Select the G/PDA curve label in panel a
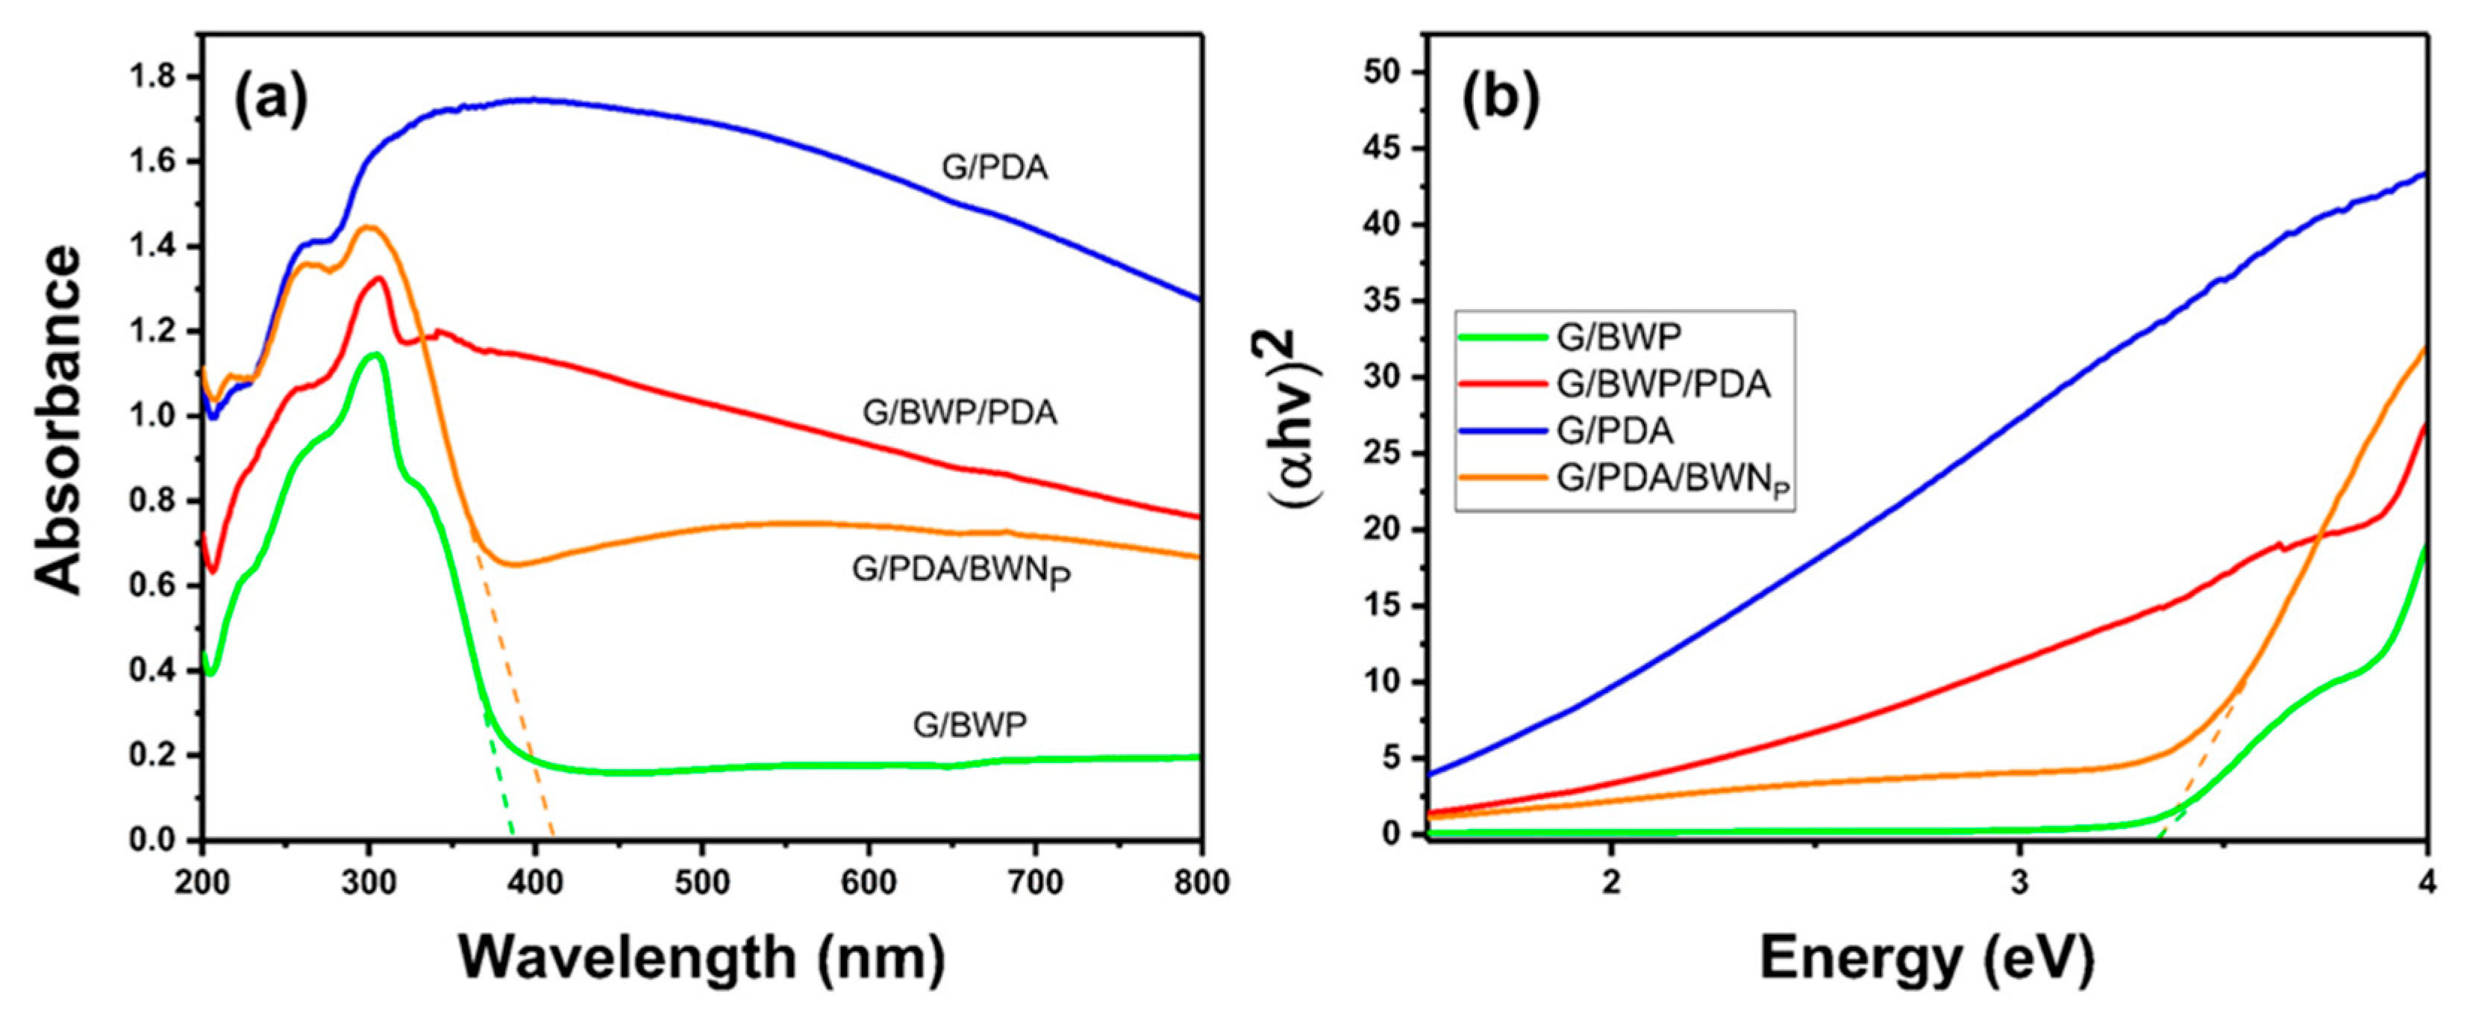coord(994,168)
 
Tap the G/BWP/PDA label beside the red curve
coord(960,412)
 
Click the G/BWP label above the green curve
coord(969,725)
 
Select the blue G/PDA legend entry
coord(1615,431)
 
